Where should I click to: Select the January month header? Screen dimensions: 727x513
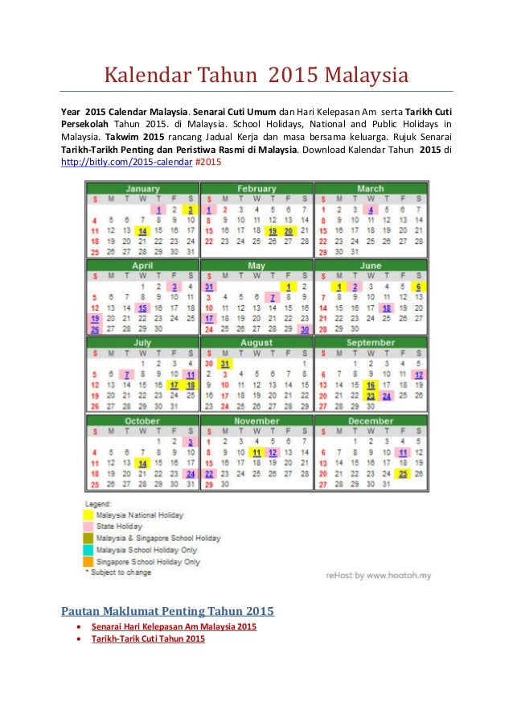click(x=142, y=189)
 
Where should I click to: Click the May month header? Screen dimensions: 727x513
click(x=256, y=265)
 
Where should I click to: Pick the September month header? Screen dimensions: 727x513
click(x=371, y=342)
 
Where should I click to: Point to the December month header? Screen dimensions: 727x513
click(x=371, y=420)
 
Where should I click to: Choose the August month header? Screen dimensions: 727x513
click(x=256, y=342)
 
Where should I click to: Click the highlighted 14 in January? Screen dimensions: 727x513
click(x=142, y=230)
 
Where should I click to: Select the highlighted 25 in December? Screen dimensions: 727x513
click(x=402, y=473)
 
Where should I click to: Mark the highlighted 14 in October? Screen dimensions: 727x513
click(x=142, y=463)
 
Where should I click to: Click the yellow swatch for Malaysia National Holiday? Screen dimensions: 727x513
click(x=89, y=514)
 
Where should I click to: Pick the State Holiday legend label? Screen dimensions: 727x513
click(x=119, y=526)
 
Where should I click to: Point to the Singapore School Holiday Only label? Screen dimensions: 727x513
click(x=148, y=561)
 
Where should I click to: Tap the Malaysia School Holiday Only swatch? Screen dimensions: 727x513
click(x=89, y=549)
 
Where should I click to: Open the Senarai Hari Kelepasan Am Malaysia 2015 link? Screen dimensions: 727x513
click(x=174, y=626)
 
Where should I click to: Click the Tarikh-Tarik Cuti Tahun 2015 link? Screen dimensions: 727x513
click(x=148, y=638)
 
